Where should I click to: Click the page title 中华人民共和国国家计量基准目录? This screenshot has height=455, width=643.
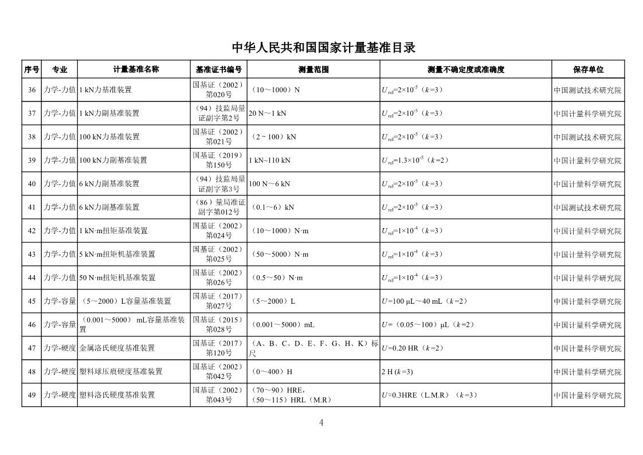coord(322,48)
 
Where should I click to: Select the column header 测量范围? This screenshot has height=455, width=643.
coord(313,69)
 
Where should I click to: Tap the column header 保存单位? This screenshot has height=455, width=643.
coord(588,69)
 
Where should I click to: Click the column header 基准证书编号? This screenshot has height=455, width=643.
coord(218,69)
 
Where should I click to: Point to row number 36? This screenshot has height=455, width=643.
coord(32,90)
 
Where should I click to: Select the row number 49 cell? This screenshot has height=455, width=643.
coord(32,395)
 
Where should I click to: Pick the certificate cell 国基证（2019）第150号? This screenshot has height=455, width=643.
coord(218,160)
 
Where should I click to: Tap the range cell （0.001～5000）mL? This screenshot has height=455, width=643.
coord(283,325)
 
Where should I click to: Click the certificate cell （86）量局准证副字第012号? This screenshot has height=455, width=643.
coord(218,207)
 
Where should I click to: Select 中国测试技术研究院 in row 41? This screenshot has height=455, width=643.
coord(587,207)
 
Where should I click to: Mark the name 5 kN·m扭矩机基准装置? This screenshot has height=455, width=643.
coord(117,254)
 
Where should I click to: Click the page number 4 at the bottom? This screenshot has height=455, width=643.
coord(321,423)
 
